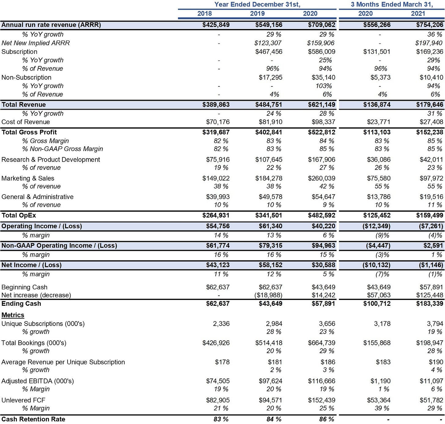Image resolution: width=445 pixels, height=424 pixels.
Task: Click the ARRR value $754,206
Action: point(429,25)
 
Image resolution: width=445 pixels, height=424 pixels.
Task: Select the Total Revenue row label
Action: point(24,104)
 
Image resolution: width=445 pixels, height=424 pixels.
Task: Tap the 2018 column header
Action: point(204,13)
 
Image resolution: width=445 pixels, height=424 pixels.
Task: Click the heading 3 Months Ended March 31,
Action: point(392,4)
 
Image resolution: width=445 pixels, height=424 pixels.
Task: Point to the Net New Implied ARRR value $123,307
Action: point(268,43)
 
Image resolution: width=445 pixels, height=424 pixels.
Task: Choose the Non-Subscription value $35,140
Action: point(323,77)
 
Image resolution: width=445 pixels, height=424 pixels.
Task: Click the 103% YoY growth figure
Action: point(324,86)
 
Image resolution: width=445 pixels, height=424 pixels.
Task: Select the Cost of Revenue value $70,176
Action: point(218,122)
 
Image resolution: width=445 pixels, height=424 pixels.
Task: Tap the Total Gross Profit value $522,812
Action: point(322,132)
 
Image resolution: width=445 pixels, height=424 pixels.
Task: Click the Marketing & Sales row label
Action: point(28,178)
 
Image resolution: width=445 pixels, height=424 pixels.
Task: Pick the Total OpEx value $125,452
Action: point(377,215)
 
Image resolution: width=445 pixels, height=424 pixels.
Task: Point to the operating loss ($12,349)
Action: point(377,226)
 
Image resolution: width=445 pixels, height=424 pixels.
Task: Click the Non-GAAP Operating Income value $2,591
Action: point(433,246)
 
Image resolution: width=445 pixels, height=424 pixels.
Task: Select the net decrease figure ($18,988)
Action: point(268,295)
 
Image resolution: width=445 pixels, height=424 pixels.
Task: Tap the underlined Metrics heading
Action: point(13,315)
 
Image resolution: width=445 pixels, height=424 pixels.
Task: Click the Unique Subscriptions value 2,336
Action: point(221,323)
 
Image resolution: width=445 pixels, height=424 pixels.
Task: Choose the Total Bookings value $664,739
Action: point(322,343)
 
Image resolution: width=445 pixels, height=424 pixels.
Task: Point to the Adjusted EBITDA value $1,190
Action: point(381,381)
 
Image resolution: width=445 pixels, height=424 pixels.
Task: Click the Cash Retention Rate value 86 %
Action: point(327,419)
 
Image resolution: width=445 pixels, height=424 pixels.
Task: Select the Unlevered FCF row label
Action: point(23,400)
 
